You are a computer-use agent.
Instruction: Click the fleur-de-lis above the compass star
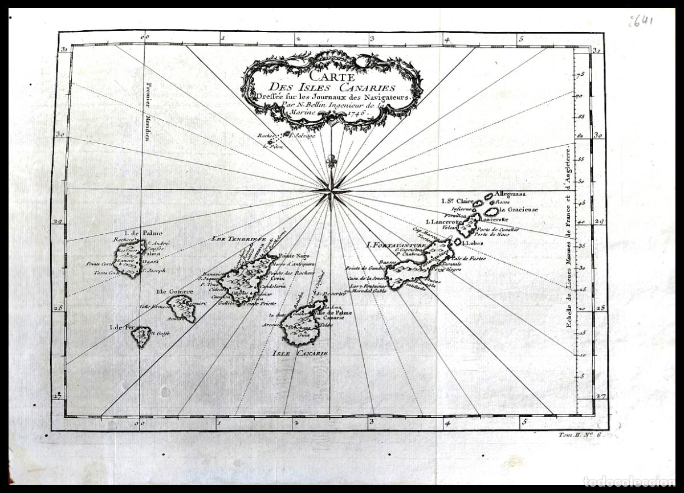(x=331, y=161)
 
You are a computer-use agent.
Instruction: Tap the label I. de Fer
(x=123, y=327)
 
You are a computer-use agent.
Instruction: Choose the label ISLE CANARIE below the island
(x=300, y=353)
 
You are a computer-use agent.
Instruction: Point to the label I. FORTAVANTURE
(x=394, y=245)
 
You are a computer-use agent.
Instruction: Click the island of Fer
(x=140, y=337)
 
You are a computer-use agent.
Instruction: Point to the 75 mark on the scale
(x=581, y=75)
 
